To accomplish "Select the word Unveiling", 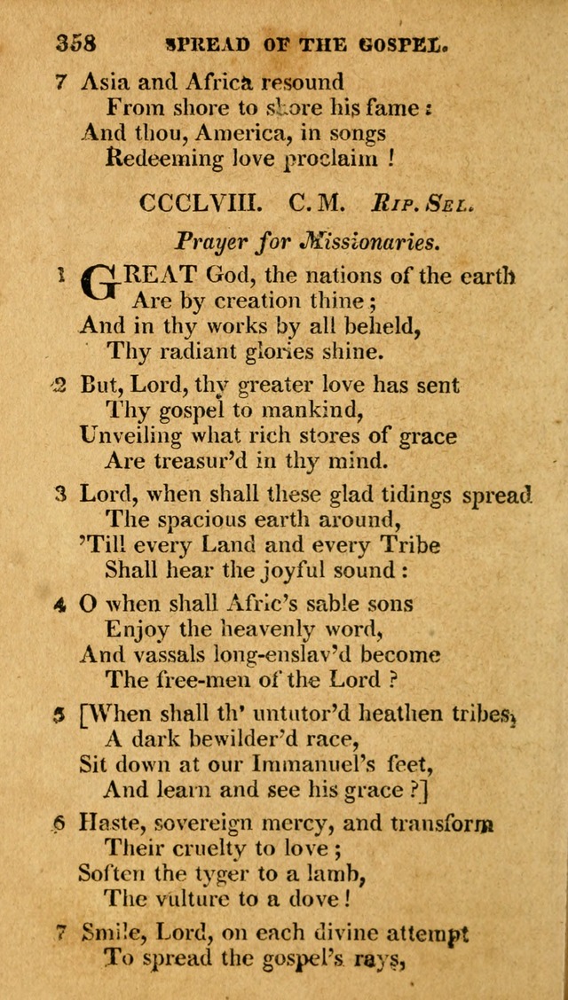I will [x=131, y=436].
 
